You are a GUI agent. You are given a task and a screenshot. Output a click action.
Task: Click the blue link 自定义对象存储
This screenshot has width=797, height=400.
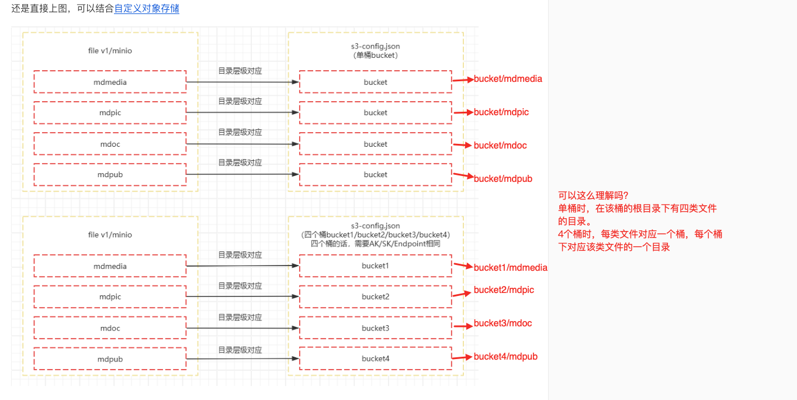(147, 8)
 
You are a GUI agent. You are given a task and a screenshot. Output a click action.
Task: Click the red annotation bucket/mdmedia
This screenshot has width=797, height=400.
(508, 79)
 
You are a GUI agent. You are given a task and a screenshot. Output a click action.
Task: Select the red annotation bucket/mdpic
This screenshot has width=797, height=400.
(501, 112)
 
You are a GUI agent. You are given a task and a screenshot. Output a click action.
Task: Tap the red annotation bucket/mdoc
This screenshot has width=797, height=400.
(500, 146)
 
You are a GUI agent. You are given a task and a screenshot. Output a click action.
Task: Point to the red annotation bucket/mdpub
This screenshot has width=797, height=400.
(503, 178)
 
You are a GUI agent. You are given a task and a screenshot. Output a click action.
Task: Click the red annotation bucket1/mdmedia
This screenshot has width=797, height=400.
(510, 267)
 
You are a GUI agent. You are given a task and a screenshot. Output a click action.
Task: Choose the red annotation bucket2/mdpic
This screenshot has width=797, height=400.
(504, 290)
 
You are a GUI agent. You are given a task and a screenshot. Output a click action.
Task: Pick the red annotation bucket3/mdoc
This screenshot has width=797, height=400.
(503, 323)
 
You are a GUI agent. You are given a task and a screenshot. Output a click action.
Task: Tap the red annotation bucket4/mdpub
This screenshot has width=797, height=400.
(505, 357)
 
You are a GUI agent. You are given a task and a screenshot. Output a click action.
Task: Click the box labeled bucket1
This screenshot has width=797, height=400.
(375, 265)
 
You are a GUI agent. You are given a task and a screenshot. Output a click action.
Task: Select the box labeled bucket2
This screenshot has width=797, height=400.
(375, 296)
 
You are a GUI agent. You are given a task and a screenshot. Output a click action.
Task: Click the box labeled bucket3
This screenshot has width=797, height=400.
(375, 327)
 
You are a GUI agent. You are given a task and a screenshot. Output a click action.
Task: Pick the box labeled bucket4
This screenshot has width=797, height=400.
(375, 358)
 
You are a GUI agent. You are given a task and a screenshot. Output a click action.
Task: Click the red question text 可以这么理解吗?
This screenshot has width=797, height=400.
(593, 195)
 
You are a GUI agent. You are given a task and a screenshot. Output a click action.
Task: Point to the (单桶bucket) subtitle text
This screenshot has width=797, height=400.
(375, 55)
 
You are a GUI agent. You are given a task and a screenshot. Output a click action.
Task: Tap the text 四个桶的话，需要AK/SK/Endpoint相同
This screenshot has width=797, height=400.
(375, 244)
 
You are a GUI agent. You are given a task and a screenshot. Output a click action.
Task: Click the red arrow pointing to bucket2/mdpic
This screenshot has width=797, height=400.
(462, 294)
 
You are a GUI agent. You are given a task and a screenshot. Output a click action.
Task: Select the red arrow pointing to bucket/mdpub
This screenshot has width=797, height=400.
(463, 175)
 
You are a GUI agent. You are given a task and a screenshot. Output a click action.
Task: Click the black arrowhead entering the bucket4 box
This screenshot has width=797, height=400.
(295, 358)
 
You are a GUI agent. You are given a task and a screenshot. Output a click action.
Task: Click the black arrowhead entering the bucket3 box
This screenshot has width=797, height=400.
(295, 327)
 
